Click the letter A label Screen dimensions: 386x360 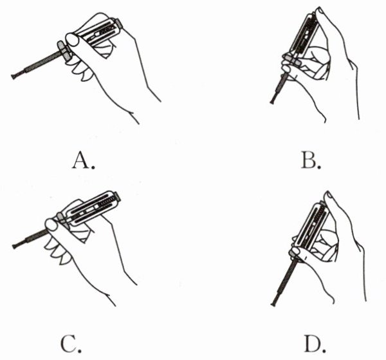[83, 160]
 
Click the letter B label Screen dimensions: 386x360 [311, 160]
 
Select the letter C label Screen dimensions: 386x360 [71, 343]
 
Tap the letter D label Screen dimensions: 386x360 [315, 343]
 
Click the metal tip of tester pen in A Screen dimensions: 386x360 [14, 76]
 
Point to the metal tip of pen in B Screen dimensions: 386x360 [272, 101]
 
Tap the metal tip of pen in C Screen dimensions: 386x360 [15, 245]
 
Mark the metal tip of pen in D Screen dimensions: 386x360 [273, 303]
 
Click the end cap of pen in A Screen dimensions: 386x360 [119, 23]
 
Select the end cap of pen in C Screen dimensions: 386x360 [118, 196]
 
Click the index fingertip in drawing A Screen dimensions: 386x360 [72, 39]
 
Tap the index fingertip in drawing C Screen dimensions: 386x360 [51, 225]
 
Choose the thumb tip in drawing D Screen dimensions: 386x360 [329, 195]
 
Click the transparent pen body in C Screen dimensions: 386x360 [93, 209]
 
